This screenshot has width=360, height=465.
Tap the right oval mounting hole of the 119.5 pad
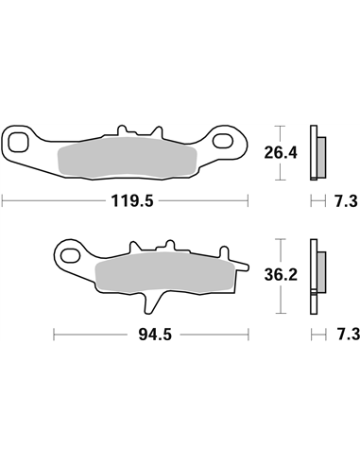[225, 143]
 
